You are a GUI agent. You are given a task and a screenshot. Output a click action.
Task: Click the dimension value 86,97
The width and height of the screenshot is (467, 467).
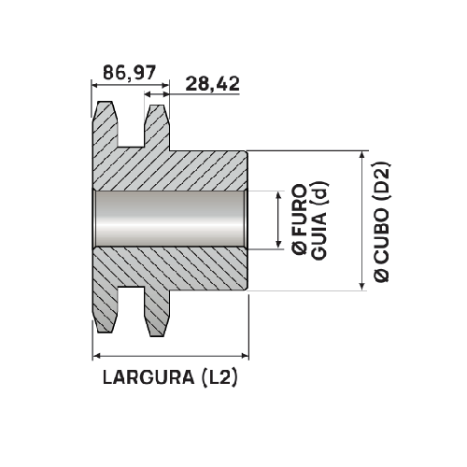pyautogui.click(x=130, y=71)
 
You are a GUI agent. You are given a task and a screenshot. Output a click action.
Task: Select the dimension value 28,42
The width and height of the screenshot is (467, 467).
pyautogui.click(x=213, y=83)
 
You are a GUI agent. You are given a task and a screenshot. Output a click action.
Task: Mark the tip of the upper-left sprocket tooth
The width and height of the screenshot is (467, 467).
pyautogui.click(x=106, y=104)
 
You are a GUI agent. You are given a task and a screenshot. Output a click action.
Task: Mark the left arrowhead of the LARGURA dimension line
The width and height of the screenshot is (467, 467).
pyautogui.click(x=96, y=355)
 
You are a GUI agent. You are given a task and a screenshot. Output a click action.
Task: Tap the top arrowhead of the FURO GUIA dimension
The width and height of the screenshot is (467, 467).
pyautogui.click(x=278, y=195)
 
